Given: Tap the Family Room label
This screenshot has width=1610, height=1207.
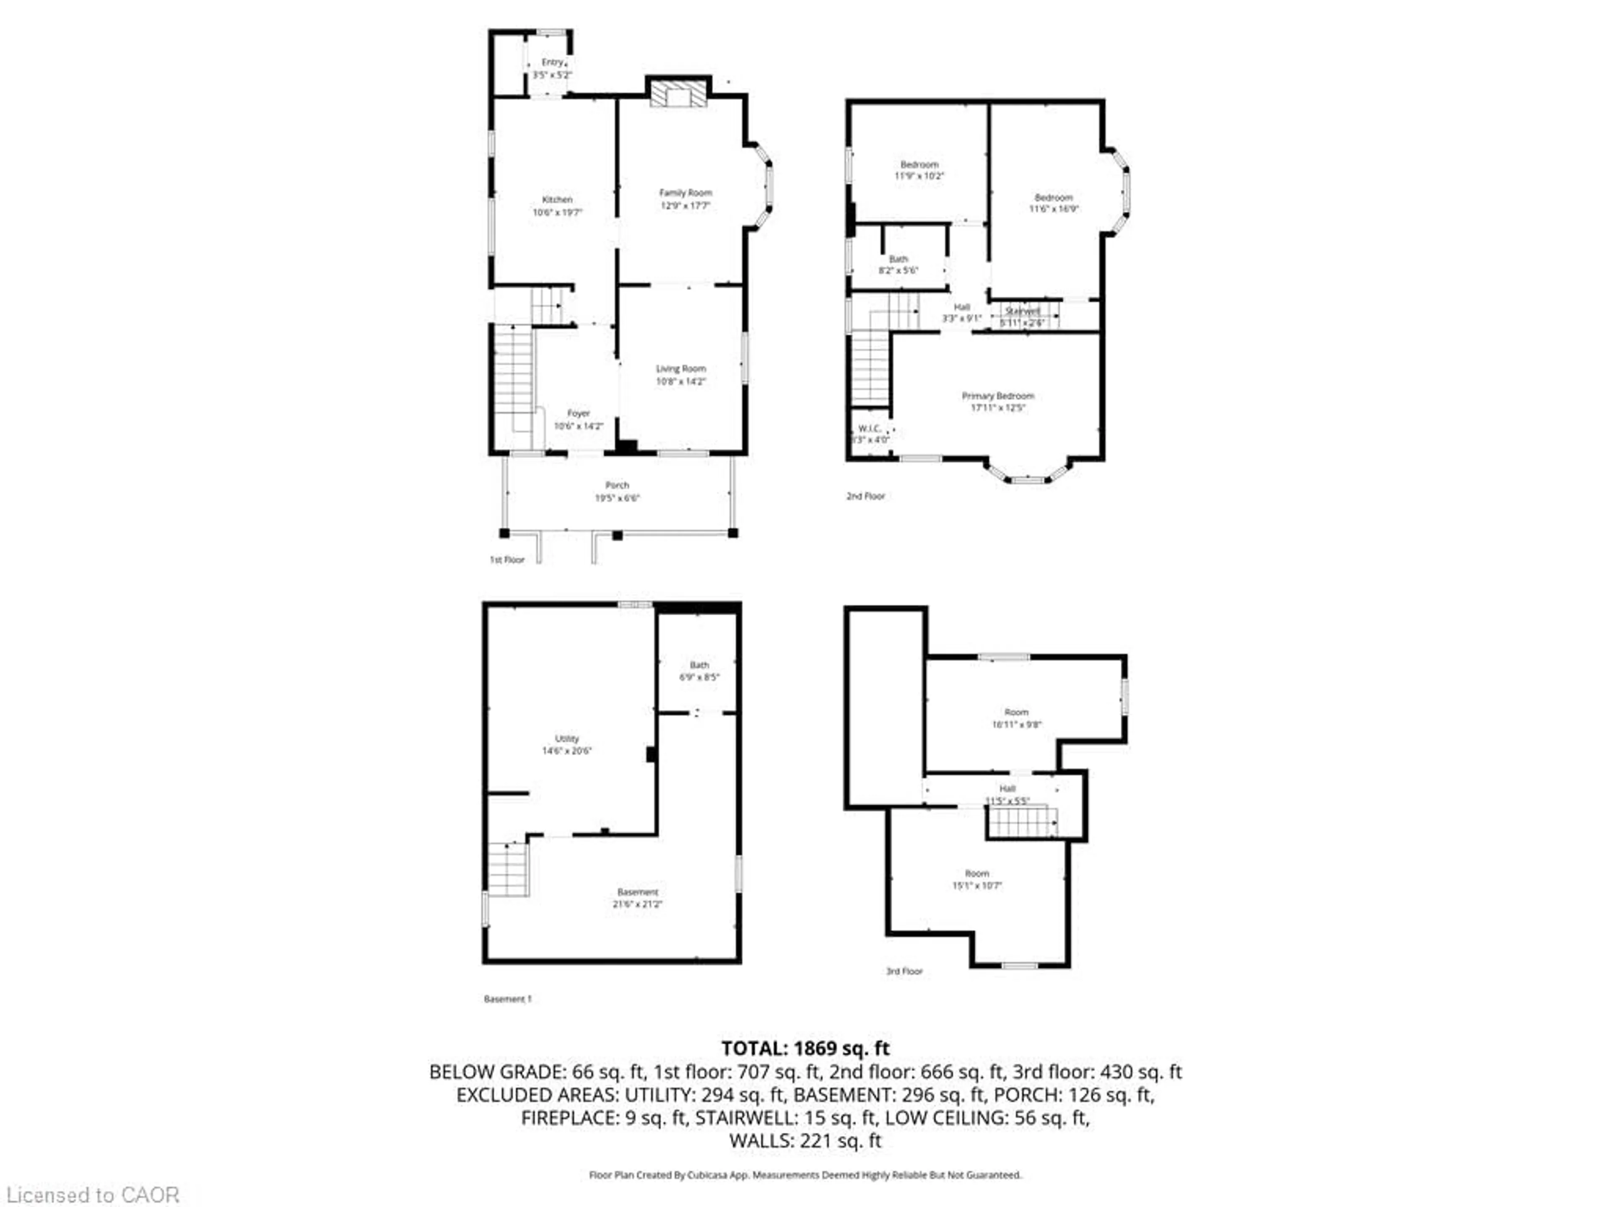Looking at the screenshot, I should [685, 193].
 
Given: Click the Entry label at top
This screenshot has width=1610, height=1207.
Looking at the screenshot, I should [552, 62].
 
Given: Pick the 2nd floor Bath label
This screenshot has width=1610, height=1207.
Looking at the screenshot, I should [898, 259].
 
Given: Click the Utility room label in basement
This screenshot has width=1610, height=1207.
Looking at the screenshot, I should [566, 738].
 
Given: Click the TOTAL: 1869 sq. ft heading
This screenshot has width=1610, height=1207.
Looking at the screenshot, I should [805, 1049].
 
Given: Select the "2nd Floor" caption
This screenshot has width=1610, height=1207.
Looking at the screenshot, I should [865, 496].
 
